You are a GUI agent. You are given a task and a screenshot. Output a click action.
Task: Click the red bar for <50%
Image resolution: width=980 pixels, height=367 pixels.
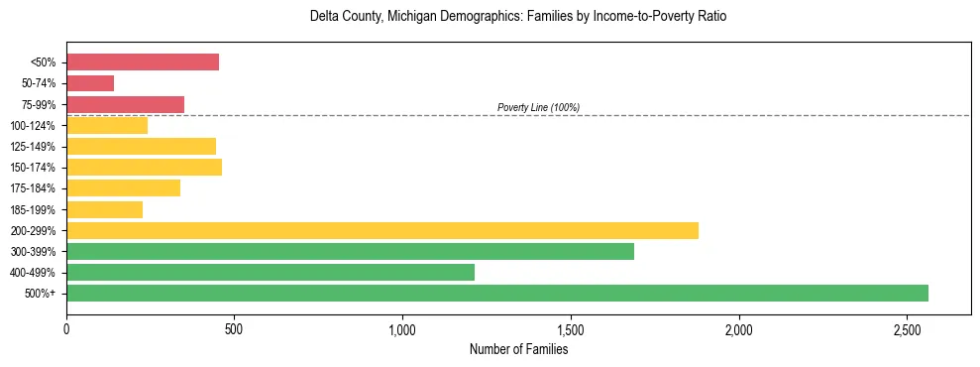tap(143, 62)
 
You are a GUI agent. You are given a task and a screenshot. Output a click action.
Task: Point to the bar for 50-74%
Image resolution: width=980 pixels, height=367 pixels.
tap(90, 83)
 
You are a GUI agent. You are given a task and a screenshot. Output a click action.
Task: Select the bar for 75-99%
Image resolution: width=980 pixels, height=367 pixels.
tap(125, 104)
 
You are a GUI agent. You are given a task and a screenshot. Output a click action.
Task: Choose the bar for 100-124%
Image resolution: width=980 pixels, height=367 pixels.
tap(107, 125)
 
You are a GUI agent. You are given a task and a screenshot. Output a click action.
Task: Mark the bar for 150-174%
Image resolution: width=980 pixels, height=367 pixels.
tap(144, 167)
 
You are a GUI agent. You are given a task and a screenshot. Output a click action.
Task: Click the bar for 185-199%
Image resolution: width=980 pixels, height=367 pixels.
tap(104, 209)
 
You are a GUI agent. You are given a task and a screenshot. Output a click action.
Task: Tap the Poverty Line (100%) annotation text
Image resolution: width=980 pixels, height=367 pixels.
tap(538, 107)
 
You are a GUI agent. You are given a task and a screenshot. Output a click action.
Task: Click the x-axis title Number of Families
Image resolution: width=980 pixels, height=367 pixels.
tap(518, 348)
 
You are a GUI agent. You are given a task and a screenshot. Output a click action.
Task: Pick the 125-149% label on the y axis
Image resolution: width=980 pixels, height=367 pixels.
tap(33, 147)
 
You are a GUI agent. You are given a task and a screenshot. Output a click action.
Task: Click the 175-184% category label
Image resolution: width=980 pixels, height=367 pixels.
tap(33, 188)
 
